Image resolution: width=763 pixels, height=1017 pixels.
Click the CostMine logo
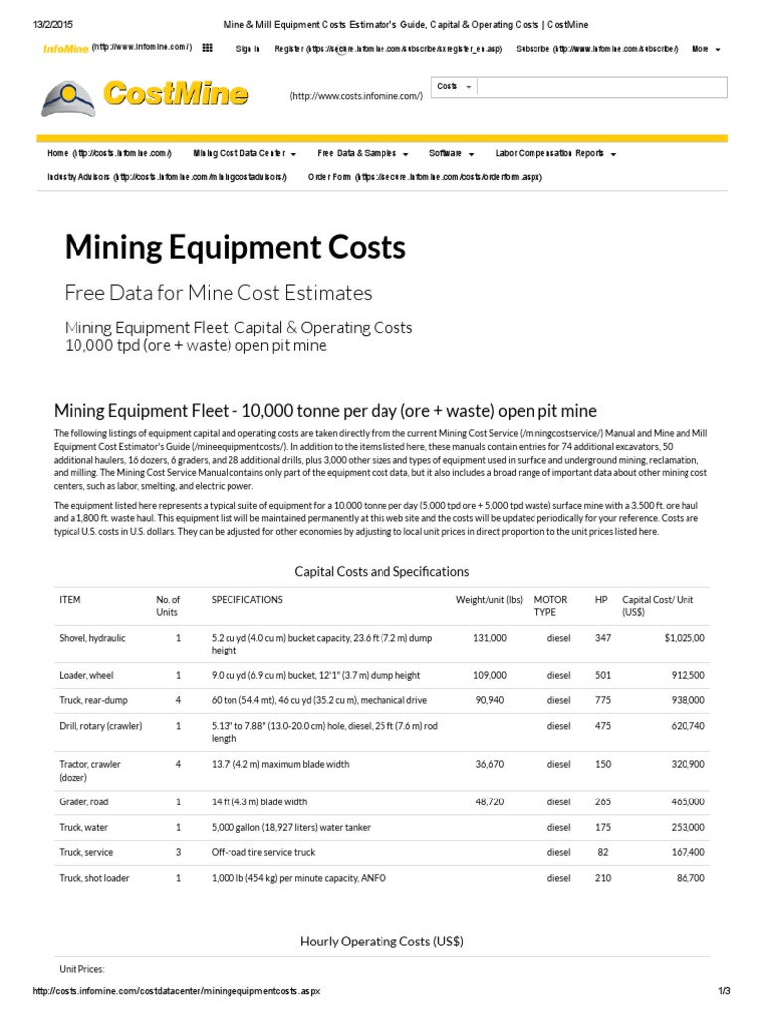click(x=145, y=95)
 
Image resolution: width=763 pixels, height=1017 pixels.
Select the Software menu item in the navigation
click(x=451, y=154)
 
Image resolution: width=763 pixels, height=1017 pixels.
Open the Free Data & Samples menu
click(x=363, y=154)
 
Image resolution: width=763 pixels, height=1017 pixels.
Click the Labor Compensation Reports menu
click(x=555, y=154)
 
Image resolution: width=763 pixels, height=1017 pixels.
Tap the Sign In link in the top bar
click(x=248, y=48)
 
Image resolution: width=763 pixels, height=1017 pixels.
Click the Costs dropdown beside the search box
click(x=454, y=87)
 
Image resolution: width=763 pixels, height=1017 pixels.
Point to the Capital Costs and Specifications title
click(x=381, y=572)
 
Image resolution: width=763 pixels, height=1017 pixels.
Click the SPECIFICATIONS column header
click(x=246, y=600)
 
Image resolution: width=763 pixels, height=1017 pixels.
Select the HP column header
click(x=601, y=600)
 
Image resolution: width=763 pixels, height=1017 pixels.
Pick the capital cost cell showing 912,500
click(x=685, y=675)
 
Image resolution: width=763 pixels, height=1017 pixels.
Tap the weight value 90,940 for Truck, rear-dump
click(x=487, y=701)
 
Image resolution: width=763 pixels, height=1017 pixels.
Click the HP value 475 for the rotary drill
click(x=602, y=726)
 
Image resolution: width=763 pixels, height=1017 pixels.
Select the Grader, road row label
click(x=86, y=801)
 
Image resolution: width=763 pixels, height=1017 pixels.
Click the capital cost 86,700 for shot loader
click(x=687, y=878)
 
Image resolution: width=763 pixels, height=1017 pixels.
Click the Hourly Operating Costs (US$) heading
click(x=381, y=941)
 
